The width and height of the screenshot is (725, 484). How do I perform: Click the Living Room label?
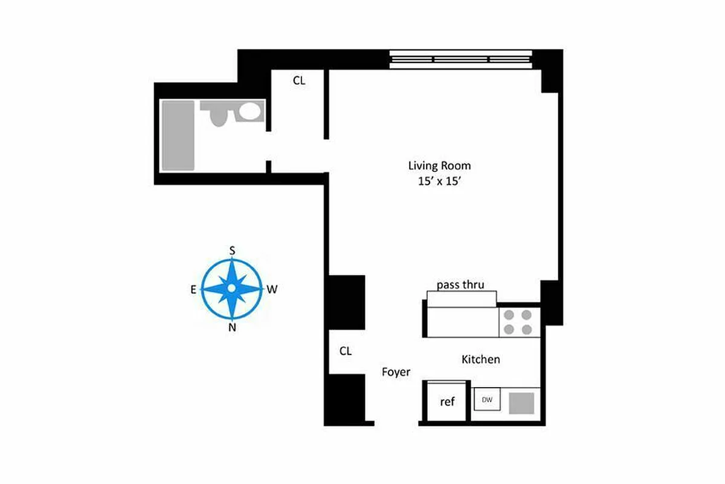[x=439, y=165]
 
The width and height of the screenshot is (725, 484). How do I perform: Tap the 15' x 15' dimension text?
[x=439, y=182]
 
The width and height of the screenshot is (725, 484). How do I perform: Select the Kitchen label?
[x=480, y=359]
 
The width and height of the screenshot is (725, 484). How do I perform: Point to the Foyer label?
[x=396, y=372]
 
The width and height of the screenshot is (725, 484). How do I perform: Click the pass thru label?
[x=460, y=284]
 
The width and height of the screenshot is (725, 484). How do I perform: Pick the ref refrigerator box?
[x=447, y=401]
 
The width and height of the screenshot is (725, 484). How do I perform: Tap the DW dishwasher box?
[x=486, y=400]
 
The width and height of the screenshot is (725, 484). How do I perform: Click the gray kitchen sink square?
[x=521, y=402]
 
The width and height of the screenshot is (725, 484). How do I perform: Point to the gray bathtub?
[x=178, y=136]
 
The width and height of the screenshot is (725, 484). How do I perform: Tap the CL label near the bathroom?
[x=299, y=80]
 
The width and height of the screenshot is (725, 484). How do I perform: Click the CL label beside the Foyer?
[x=346, y=351]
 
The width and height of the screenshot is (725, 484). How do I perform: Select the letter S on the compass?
[x=232, y=250]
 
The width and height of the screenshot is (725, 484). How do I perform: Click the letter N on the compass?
[x=232, y=329]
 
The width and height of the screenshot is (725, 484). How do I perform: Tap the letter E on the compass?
[x=193, y=290]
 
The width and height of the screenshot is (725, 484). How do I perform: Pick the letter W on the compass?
[x=272, y=290]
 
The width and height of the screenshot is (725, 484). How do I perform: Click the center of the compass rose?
[x=232, y=289]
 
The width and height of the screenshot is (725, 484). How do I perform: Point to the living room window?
[x=460, y=59]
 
